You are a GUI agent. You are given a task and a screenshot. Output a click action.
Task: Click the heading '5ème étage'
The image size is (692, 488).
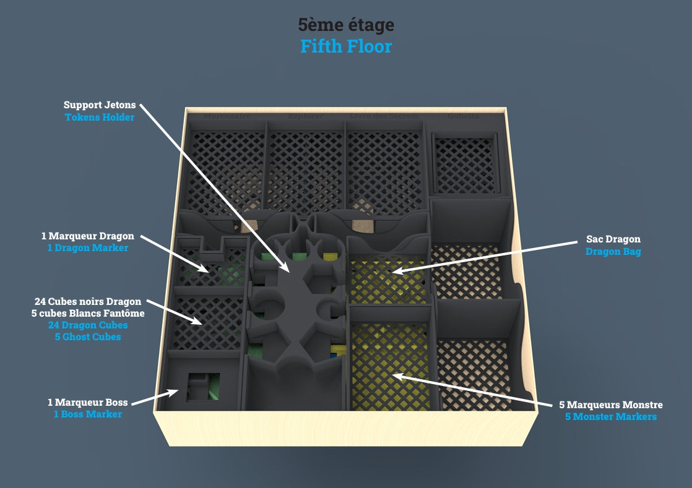click(345, 25)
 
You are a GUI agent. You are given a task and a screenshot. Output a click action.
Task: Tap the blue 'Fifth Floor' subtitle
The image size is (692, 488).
click(345, 46)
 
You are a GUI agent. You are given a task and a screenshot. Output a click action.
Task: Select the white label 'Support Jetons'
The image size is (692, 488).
click(99, 105)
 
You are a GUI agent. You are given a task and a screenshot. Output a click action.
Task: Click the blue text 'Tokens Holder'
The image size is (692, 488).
click(99, 117)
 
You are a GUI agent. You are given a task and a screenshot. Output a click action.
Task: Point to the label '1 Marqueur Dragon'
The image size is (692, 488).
click(87, 236)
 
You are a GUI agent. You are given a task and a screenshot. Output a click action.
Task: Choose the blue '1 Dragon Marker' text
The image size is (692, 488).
click(87, 248)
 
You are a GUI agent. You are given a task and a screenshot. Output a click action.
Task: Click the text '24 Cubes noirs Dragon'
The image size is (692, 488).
click(88, 302)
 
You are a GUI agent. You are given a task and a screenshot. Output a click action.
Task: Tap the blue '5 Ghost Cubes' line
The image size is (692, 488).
click(88, 337)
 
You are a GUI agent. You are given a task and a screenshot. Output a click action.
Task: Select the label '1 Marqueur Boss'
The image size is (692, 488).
click(87, 403)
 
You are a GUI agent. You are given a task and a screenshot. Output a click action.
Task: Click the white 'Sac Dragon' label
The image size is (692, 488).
click(613, 239)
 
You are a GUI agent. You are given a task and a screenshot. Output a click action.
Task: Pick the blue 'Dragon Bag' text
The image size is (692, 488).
click(613, 252)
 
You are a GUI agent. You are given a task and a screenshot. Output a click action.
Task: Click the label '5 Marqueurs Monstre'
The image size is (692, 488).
click(610, 405)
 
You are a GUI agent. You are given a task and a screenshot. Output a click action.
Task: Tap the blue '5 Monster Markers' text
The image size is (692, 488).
click(610, 417)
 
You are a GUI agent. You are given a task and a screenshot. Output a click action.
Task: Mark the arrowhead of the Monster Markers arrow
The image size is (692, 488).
click(394, 375)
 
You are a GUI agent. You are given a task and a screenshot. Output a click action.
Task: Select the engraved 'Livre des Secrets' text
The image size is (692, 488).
click(384, 116)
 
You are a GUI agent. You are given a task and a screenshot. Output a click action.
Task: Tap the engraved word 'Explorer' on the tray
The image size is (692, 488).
click(305, 116)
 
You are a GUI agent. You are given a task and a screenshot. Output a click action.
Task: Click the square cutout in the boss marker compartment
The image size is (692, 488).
click(201, 387)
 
